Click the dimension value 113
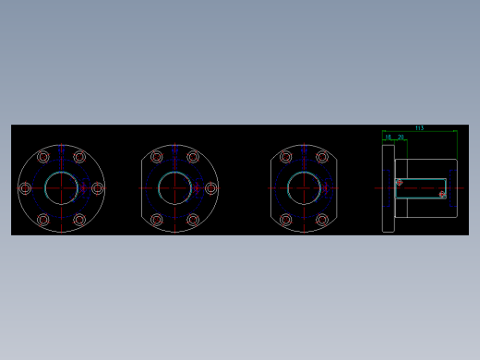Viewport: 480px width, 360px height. tap(419, 128)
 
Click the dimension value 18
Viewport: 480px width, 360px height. tap(389, 137)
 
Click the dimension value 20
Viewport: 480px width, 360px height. tap(401, 137)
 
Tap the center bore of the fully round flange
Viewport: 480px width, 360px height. tap(61, 188)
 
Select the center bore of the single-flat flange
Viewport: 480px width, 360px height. tap(174, 188)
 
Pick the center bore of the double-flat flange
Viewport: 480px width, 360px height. tap(304, 188)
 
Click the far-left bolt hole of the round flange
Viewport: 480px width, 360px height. tap(25, 188)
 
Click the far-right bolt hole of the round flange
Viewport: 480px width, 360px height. tap(98, 188)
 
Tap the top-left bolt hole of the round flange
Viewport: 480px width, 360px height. tap(43, 157)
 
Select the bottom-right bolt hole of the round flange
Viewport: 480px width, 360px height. tap(79, 220)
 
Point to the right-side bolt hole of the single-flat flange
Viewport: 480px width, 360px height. tap(211, 188)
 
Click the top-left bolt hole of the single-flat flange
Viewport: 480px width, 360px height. tap(157, 157)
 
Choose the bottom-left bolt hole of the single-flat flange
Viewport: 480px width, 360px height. tap(157, 220)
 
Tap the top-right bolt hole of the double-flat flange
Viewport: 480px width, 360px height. tap(322, 157)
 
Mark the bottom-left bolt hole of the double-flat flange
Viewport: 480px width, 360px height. tap(286, 220)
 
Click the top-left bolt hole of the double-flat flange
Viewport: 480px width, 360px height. tap(286, 157)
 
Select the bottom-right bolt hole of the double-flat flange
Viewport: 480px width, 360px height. tap(322, 220)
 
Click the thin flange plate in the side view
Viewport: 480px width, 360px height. tap(389, 188)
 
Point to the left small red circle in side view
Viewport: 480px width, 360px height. tap(400, 183)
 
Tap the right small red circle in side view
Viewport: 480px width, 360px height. tap(442, 195)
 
